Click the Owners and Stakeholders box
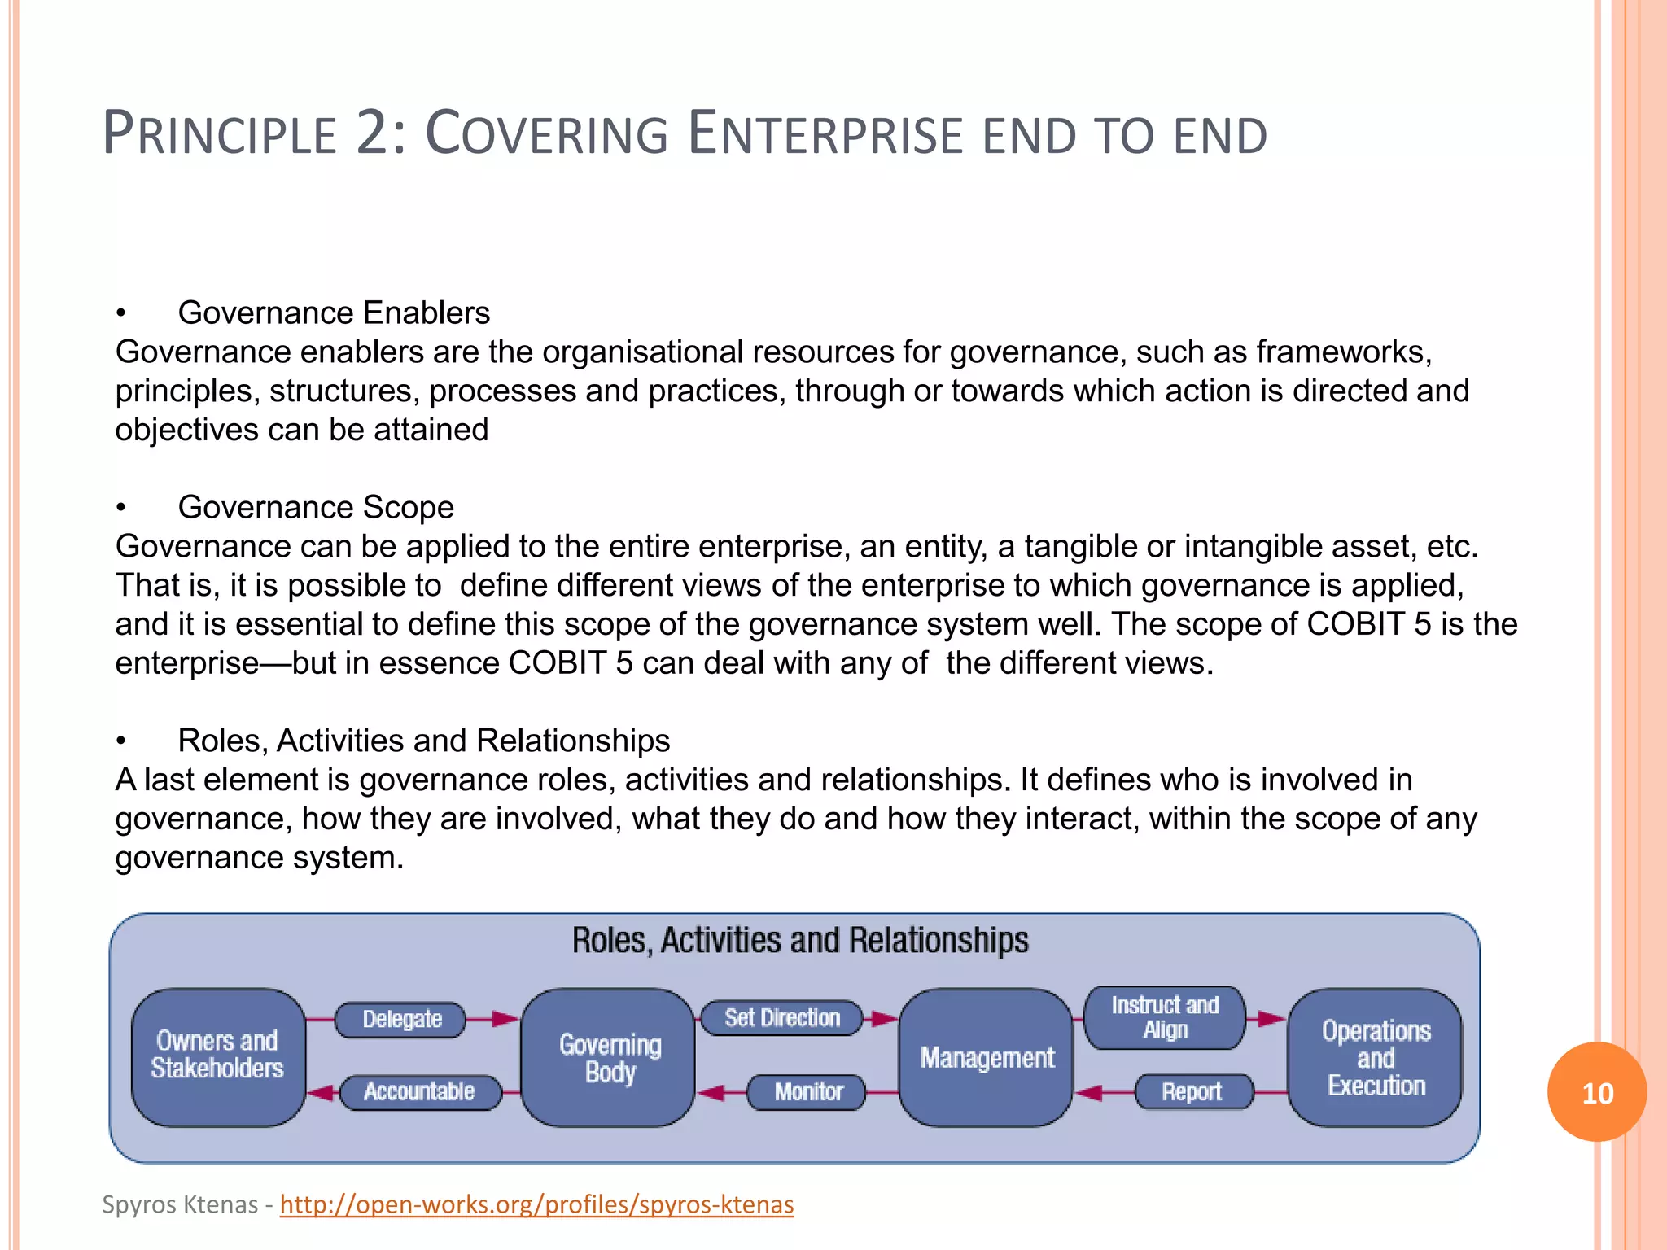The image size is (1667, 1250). [x=217, y=1056]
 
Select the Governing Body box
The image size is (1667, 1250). [x=610, y=1057]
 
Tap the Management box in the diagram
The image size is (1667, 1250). [x=987, y=1057]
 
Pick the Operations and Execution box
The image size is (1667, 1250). [x=1376, y=1057]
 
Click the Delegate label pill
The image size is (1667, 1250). [x=402, y=1019]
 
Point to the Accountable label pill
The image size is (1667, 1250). [x=419, y=1091]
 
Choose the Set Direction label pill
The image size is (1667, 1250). [x=781, y=1017]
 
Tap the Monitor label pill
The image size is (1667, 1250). [x=807, y=1091]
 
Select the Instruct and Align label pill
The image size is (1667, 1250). [x=1165, y=1017]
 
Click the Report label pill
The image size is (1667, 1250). [x=1192, y=1091]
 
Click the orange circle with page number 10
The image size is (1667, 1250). [x=1597, y=1092]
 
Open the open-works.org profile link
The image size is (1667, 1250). [x=536, y=1204]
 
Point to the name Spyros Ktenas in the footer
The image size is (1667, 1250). [x=180, y=1204]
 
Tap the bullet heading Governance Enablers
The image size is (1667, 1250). [x=334, y=312]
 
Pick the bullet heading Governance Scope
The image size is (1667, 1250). [x=316, y=507]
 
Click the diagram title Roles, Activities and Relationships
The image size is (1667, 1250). [x=800, y=940]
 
